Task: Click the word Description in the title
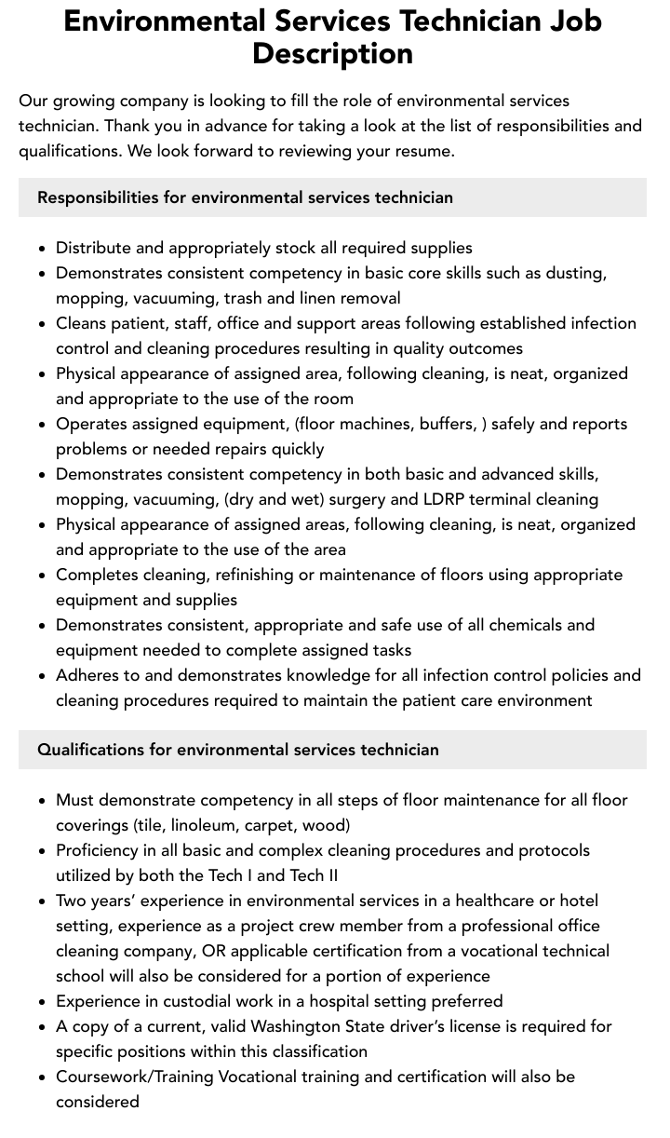point(332,53)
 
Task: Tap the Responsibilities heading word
point(98,197)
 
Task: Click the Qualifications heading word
point(90,750)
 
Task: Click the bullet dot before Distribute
point(43,249)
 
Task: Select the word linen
point(321,298)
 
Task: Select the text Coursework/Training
point(134,1077)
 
